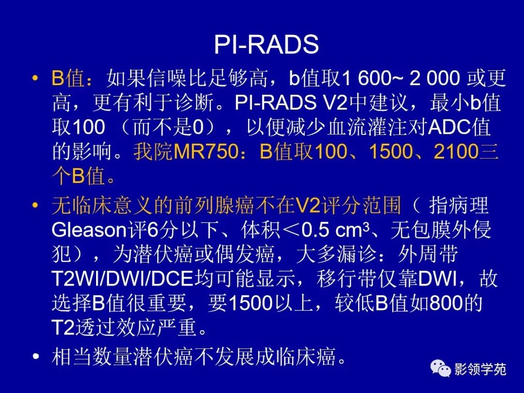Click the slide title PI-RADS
(x=266, y=45)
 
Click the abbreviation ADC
(x=447, y=127)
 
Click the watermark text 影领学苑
(x=480, y=370)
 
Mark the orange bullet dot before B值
(x=34, y=78)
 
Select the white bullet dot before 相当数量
(x=34, y=357)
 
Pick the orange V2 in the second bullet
(x=307, y=206)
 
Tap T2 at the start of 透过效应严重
(x=63, y=329)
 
